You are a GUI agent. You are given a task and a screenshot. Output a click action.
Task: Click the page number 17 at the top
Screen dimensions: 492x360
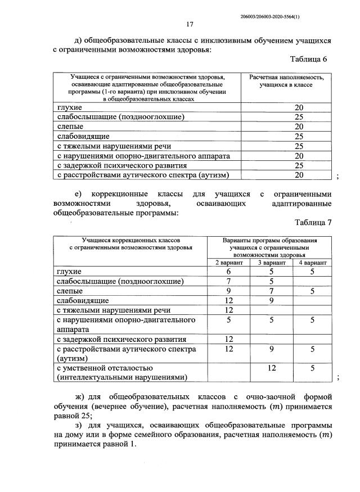(x=190, y=24)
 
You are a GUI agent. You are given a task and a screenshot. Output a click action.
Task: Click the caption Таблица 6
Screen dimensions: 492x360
(x=308, y=59)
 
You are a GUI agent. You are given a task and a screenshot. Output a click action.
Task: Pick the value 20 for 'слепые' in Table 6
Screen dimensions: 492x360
(x=299, y=127)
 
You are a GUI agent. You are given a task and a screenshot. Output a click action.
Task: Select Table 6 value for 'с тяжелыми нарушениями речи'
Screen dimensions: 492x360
(x=299, y=146)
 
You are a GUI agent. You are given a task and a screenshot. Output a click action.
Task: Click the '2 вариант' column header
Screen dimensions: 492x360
(x=229, y=263)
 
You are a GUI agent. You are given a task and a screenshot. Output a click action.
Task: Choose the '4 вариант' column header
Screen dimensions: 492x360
(x=312, y=263)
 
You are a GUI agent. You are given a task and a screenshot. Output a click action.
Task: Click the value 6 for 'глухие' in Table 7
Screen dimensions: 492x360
(x=229, y=272)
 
